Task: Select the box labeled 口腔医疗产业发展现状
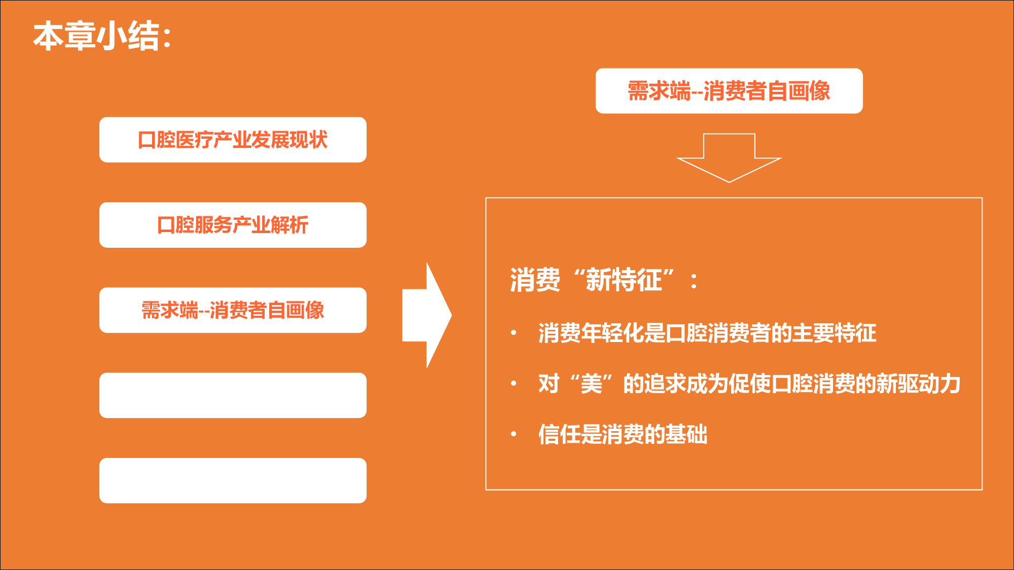tap(233, 140)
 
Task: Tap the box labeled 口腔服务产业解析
tap(233, 225)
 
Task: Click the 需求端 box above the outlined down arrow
tap(729, 91)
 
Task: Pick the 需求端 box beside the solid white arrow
tap(233, 310)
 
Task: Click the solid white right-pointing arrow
tap(427, 315)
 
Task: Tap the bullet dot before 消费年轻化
tap(514, 333)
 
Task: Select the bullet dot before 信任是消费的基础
tap(514, 434)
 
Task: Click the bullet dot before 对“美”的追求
tap(514, 384)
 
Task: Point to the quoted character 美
tap(591, 384)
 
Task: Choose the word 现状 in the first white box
tap(309, 140)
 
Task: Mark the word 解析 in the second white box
tap(289, 225)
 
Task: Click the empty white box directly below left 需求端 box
tap(233, 395)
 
